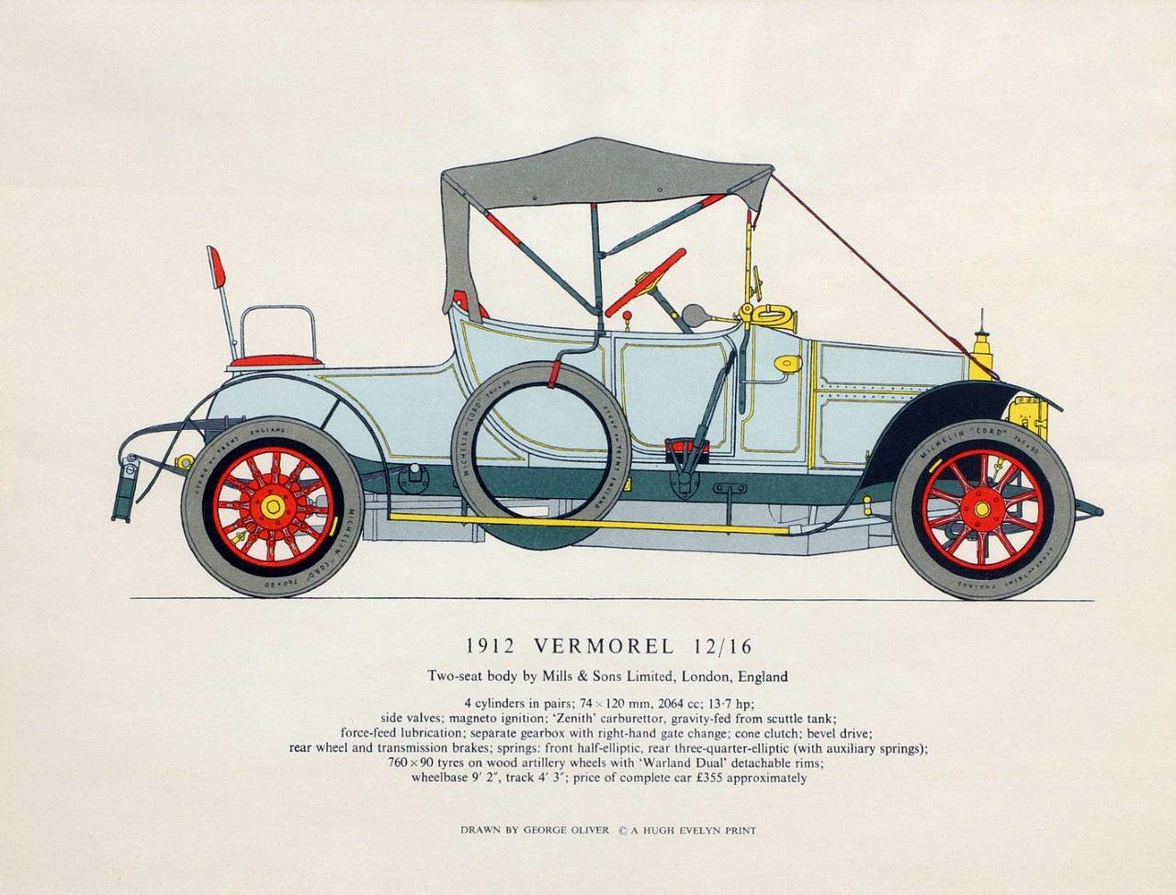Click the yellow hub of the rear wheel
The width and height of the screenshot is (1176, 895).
point(272,507)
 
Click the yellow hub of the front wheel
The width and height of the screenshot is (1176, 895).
point(982,508)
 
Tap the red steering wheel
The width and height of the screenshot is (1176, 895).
point(650,276)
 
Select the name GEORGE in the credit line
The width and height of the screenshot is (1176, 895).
point(548,831)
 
